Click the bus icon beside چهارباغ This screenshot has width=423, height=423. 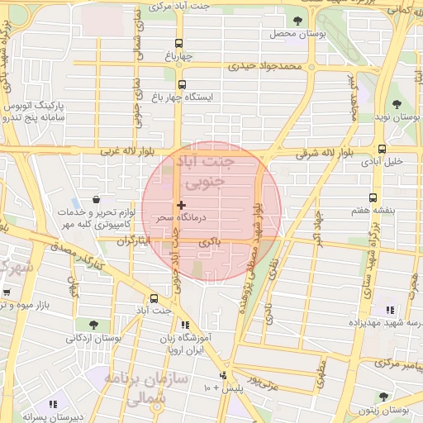[x=179, y=44]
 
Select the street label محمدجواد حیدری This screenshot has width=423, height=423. [x=269, y=65]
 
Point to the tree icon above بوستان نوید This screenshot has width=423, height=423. [x=397, y=104]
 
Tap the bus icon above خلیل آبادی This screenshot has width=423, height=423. [x=381, y=150]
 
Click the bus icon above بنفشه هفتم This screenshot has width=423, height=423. [x=373, y=197]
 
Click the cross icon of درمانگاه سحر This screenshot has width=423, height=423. [x=181, y=205]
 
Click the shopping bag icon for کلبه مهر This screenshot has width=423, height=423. [x=97, y=199]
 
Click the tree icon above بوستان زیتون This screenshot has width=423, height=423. [x=384, y=397]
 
